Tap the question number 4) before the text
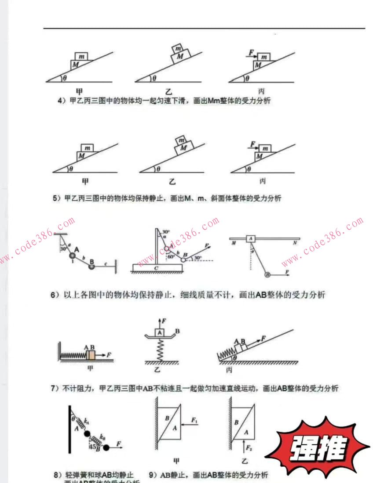[x=62, y=101]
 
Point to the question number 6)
[x=55, y=295]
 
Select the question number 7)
[x=55, y=388]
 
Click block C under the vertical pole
[x=157, y=267]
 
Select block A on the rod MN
[x=250, y=238]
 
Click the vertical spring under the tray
[x=160, y=349]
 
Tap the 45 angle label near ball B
[x=92, y=447]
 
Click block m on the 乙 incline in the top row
[x=178, y=48]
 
